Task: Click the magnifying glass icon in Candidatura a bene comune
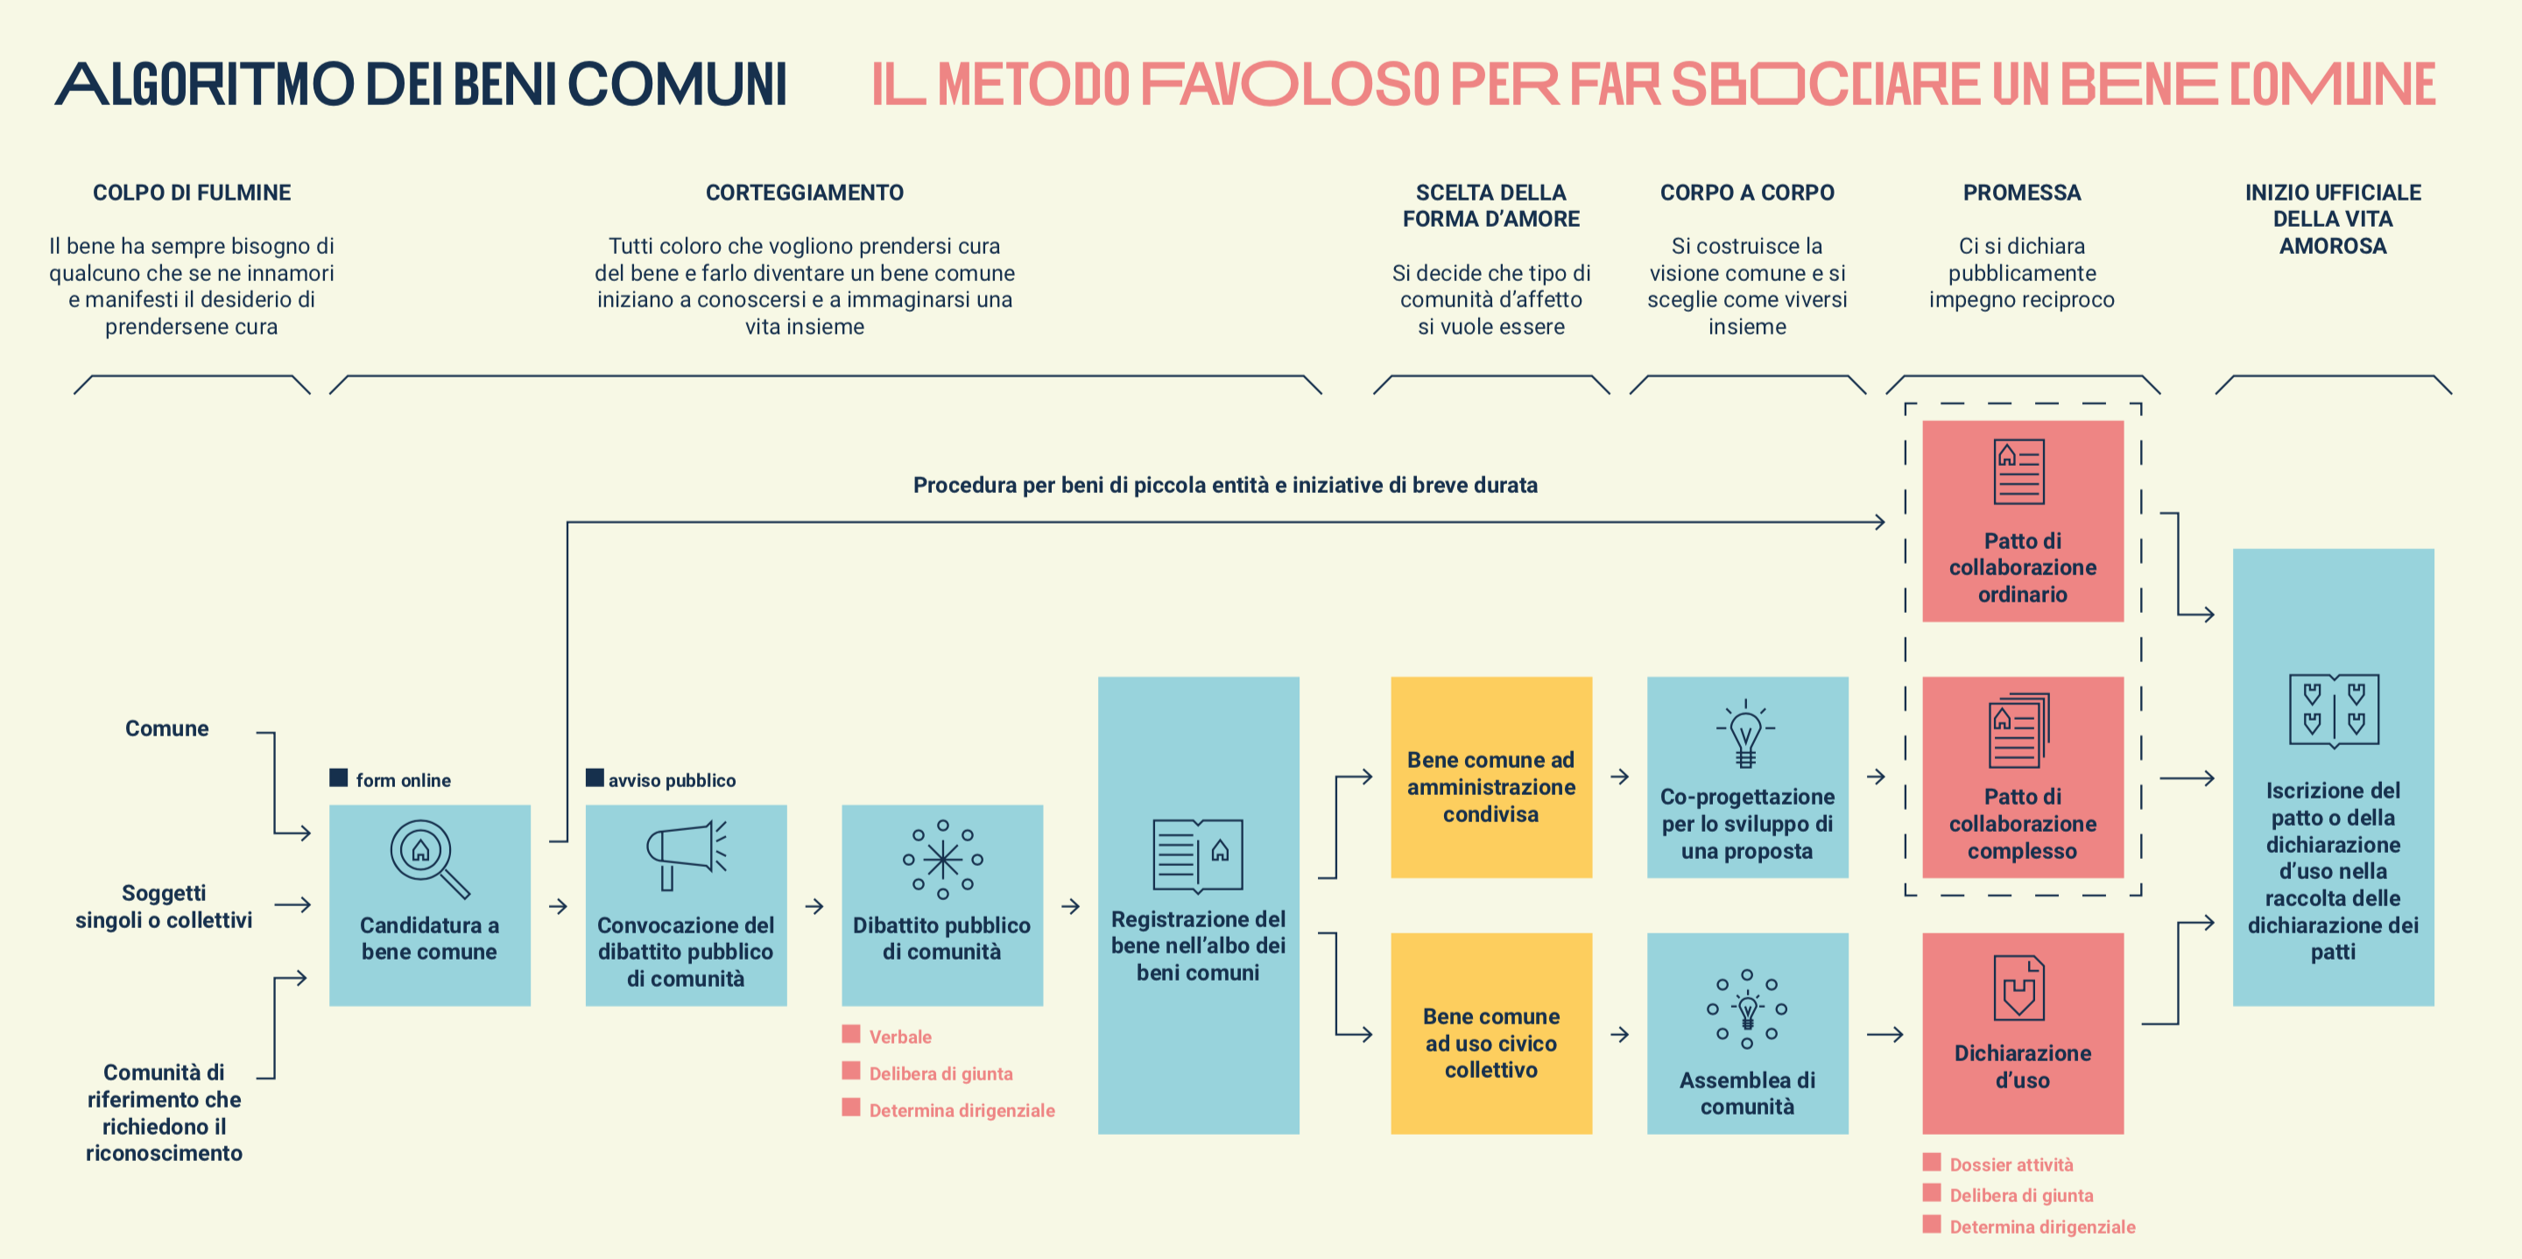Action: click(x=429, y=859)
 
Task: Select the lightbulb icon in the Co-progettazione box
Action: click(x=1745, y=735)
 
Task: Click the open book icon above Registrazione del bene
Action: click(x=1198, y=855)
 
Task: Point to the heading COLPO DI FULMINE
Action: click(x=192, y=193)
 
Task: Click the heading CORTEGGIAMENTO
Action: click(x=805, y=193)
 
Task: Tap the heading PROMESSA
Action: click(x=2022, y=193)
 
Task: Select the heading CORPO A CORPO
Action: click(x=1747, y=193)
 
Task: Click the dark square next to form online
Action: click(x=339, y=777)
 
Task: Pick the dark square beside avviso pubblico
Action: click(x=595, y=777)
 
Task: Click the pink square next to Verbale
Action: click(x=851, y=1034)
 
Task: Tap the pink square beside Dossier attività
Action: click(x=1932, y=1162)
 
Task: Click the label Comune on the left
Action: click(x=166, y=728)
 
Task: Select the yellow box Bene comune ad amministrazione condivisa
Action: click(x=1491, y=777)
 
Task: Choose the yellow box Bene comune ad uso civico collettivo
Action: click(x=1491, y=1034)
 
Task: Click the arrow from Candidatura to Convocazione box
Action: click(x=558, y=906)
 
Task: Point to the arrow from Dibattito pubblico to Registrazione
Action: click(x=1071, y=906)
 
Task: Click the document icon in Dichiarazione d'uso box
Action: click(x=2018, y=987)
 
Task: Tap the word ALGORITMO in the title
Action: click(x=205, y=84)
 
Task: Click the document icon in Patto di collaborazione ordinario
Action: click(x=2018, y=472)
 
